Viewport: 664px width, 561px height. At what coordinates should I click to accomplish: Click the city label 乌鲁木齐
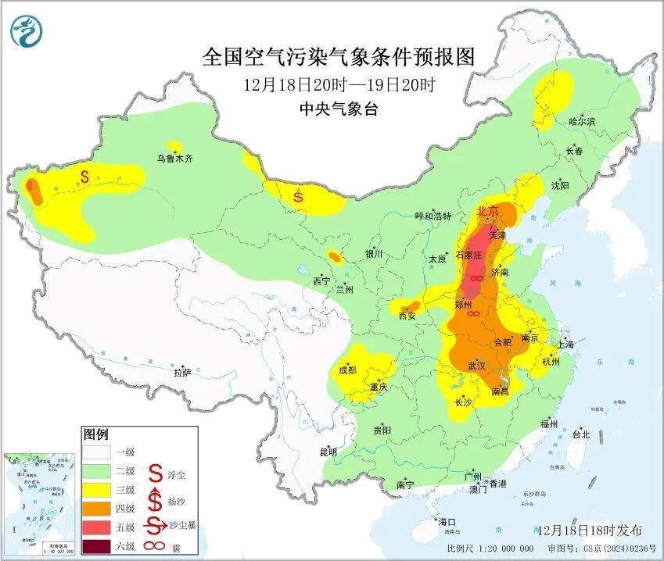tap(174, 158)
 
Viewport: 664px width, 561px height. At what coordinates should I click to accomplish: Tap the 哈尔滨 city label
tap(581, 121)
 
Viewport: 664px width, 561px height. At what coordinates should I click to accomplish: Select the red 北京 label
tap(488, 211)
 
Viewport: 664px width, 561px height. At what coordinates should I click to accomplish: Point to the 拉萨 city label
tap(181, 373)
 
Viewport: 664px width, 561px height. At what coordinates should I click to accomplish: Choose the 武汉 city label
tap(476, 365)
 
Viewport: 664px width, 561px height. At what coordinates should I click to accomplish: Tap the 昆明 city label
tap(328, 452)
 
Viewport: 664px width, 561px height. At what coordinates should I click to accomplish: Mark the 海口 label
tap(447, 521)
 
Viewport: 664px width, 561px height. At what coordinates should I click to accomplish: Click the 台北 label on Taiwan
tap(580, 434)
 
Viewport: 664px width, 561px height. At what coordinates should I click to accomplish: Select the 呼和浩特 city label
tap(432, 216)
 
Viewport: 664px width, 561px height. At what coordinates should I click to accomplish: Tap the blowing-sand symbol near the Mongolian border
tap(298, 195)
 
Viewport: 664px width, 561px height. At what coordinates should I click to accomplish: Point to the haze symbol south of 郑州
tap(472, 314)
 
